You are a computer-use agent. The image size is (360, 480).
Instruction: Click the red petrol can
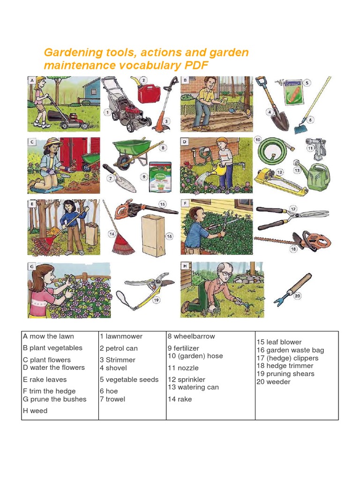tap(149, 91)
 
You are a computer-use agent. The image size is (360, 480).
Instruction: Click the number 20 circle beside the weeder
tap(297, 296)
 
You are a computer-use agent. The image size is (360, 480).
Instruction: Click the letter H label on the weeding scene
tap(185, 266)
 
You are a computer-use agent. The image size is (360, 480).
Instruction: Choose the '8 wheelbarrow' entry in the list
tap(191, 336)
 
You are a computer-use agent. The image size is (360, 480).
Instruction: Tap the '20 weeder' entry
tap(273, 382)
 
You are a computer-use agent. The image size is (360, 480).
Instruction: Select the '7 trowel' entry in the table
tap(112, 399)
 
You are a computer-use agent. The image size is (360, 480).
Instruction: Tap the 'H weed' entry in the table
tap(35, 411)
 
